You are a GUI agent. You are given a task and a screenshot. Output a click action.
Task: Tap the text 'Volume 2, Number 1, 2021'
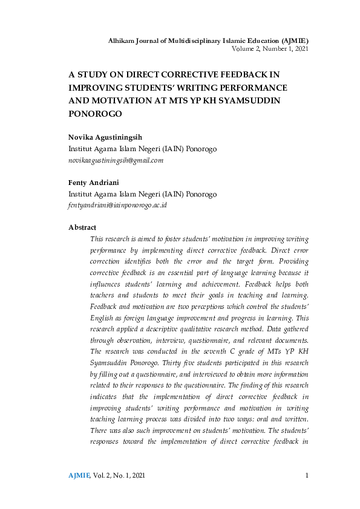click(270, 48)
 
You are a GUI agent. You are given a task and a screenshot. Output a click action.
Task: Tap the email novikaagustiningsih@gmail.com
click(116, 160)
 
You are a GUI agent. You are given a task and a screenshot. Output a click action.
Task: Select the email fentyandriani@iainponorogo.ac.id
click(118, 205)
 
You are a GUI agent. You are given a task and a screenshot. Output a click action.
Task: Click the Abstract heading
click(82, 227)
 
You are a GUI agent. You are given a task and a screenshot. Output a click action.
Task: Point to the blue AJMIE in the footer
click(79, 476)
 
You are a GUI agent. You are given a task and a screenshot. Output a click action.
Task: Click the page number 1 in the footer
click(307, 476)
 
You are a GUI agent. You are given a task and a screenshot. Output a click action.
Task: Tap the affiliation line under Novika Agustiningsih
click(142, 149)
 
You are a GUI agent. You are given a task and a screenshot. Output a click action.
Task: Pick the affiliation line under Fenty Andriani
click(142, 194)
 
